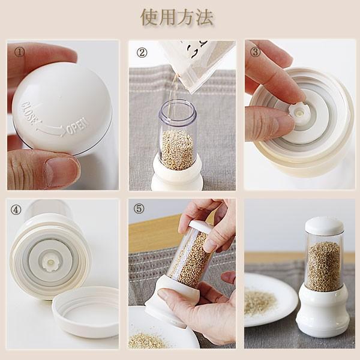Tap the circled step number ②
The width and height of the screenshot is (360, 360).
coord(142,52)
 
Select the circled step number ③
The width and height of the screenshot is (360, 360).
coord(256,52)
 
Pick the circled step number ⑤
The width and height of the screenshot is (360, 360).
coord(139,209)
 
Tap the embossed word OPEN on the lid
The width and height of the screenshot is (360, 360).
coord(77,127)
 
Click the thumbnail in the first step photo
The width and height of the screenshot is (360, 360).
coord(61,172)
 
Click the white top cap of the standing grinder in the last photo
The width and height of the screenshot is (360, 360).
coord(324,226)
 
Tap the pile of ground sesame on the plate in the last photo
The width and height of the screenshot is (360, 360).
coord(260,301)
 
